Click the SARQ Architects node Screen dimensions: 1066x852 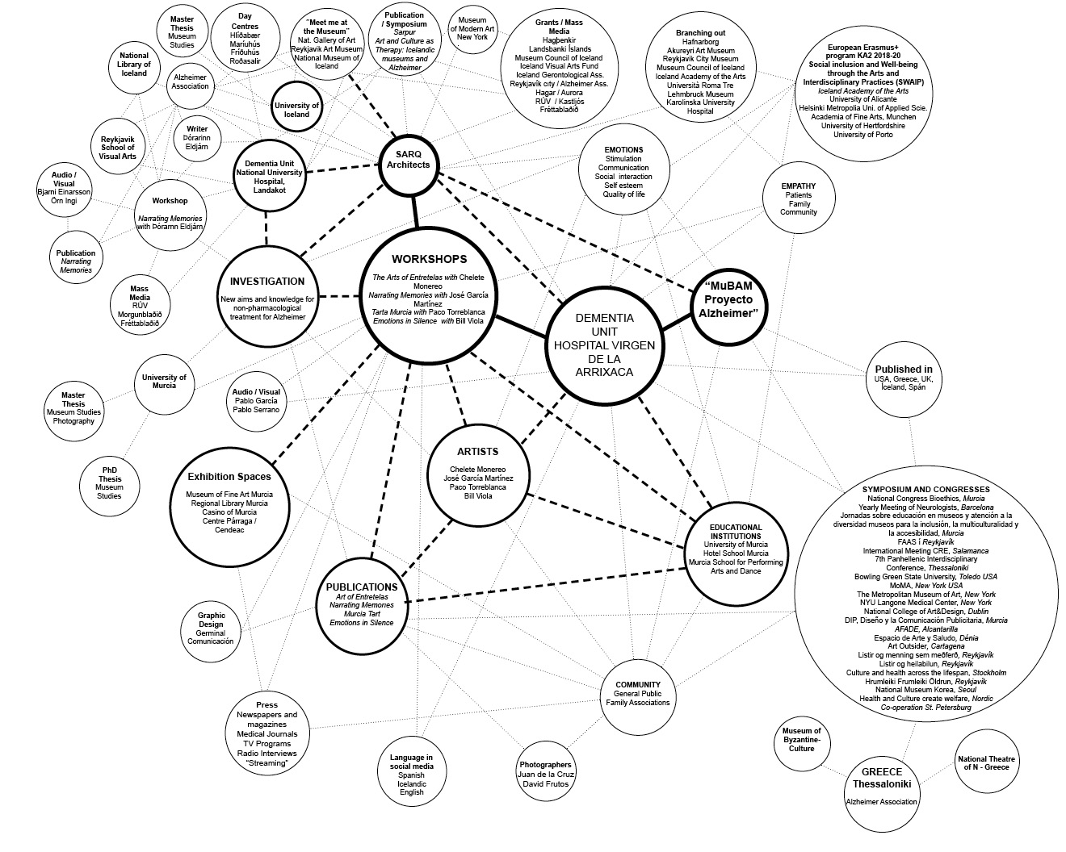click(409, 159)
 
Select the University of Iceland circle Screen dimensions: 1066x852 click(296, 110)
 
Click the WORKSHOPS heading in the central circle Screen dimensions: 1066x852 click(429, 259)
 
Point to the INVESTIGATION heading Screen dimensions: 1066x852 click(266, 282)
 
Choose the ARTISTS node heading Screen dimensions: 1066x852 click(477, 452)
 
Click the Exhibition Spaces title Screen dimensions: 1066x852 click(229, 477)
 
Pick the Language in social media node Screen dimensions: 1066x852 click(411, 775)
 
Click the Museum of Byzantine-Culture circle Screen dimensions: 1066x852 click(801, 739)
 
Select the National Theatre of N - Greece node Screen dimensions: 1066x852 click(987, 762)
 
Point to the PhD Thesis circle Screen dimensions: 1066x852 click(110, 482)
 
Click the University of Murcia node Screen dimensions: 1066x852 click(164, 381)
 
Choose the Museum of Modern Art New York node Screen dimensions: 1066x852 click(472, 29)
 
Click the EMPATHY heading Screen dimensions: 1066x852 click(798, 186)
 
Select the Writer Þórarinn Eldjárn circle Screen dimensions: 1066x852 click(197, 138)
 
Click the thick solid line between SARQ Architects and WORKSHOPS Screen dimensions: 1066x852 click(415, 211)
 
